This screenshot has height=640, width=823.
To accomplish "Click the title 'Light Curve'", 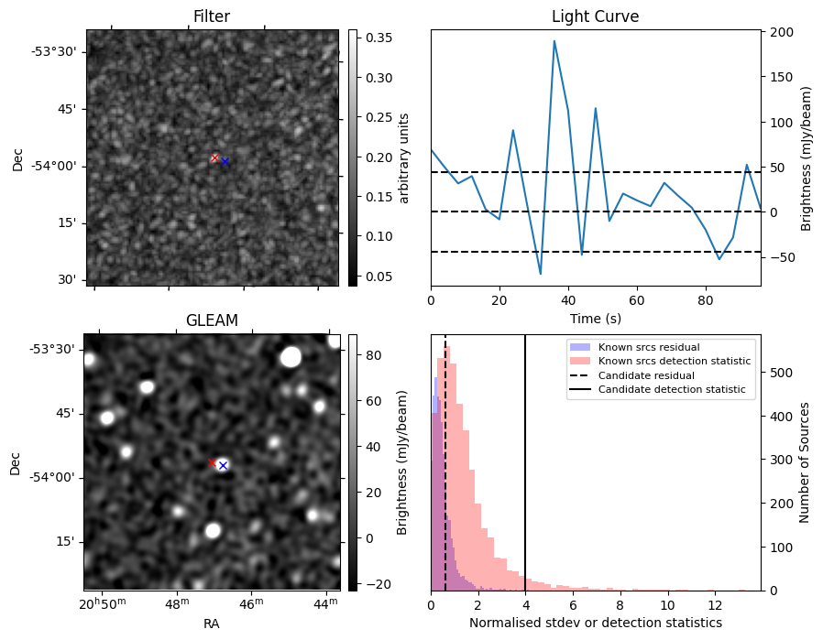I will click(x=595, y=16).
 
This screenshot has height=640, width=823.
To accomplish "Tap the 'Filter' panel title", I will click(x=212, y=16).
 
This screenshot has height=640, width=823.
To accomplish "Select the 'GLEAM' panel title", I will click(x=212, y=320).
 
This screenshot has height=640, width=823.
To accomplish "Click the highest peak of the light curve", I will click(x=554, y=40).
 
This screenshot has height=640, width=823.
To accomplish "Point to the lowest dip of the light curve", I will click(x=541, y=274).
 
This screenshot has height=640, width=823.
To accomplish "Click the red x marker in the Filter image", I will click(x=215, y=157).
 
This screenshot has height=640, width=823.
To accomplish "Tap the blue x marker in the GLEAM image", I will click(x=222, y=466).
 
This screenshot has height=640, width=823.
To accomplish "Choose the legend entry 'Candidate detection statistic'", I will click(x=671, y=390).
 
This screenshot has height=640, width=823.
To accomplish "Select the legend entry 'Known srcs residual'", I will click(x=648, y=347).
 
